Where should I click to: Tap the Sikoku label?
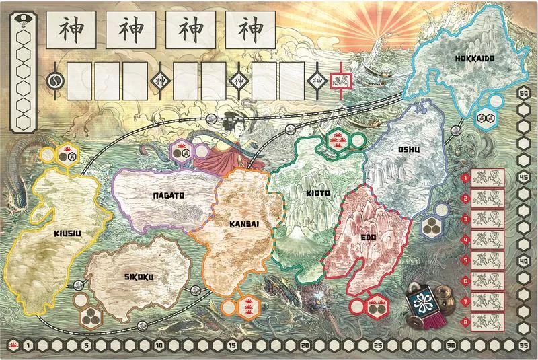point(140,276)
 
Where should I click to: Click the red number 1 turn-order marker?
point(465,178)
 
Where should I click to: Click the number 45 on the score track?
point(523,178)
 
